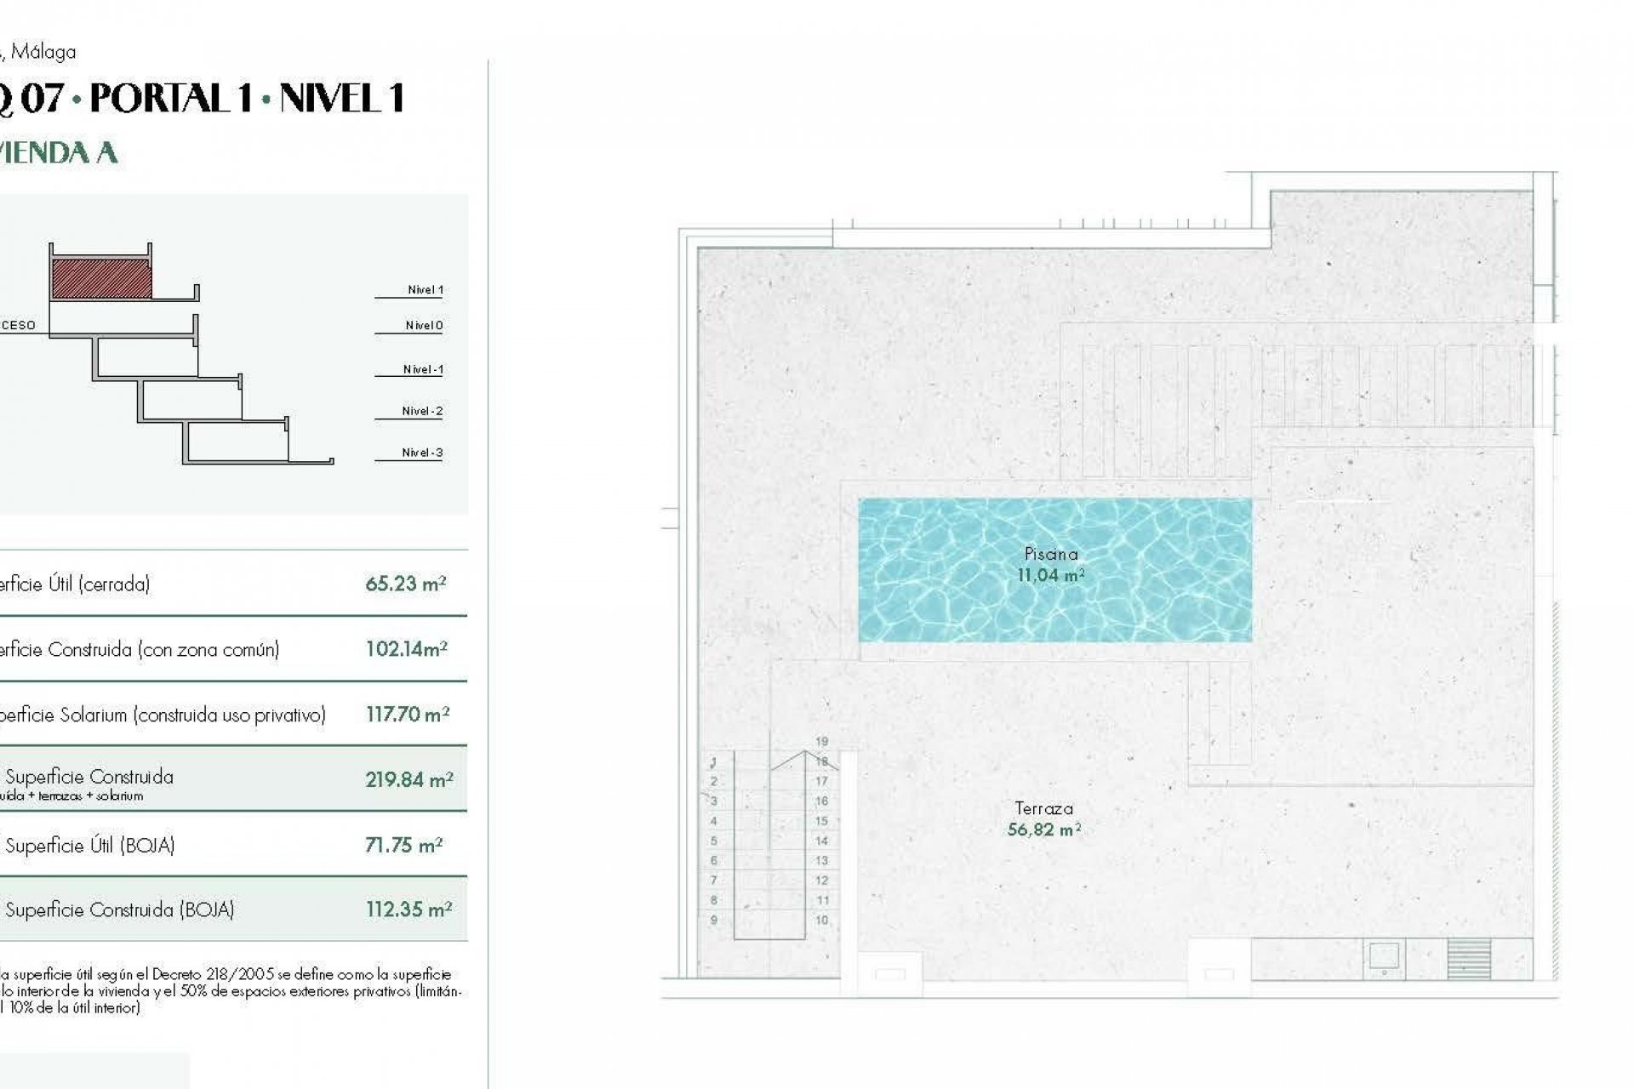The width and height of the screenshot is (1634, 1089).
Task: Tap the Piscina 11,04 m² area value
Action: pos(1050,575)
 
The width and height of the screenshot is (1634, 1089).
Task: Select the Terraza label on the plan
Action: pos(1043,808)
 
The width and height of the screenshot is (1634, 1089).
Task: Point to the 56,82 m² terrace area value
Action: pos(1043,830)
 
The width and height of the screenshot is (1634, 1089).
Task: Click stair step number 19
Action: pos(821,741)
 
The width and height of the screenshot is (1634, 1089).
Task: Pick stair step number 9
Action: pos(714,920)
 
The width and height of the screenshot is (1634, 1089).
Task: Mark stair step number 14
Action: pos(821,841)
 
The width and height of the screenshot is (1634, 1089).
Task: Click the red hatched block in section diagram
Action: pos(102,279)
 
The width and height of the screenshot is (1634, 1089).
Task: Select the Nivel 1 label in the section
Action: pos(425,290)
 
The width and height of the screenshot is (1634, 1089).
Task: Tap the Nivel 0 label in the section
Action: pos(424,326)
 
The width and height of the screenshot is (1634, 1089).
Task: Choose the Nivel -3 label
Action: pos(422,453)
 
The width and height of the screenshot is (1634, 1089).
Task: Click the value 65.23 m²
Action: pos(405,584)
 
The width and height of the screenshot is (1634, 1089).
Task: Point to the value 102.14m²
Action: pos(406,649)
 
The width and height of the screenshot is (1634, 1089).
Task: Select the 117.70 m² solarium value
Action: pos(407,715)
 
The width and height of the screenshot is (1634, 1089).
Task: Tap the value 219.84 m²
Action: pos(408,779)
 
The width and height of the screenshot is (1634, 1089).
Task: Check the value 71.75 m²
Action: pos(403,845)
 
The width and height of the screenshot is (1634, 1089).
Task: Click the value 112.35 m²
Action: pos(408,909)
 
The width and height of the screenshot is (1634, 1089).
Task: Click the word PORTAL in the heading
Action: pos(171,99)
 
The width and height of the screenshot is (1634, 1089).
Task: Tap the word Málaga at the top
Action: pos(43,52)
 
